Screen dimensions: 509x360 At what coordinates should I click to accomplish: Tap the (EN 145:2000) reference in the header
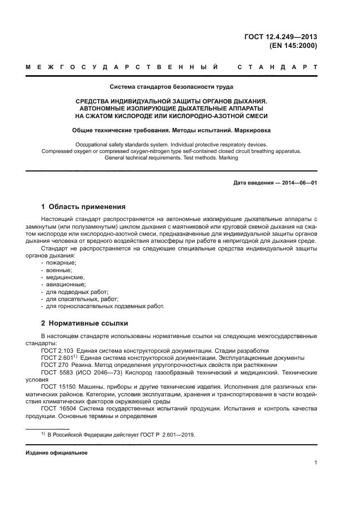coord(293,46)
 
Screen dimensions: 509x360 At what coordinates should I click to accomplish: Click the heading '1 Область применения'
coord(83,207)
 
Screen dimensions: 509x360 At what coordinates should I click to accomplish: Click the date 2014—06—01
coord(299,183)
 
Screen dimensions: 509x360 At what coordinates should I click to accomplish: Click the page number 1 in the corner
coord(315,463)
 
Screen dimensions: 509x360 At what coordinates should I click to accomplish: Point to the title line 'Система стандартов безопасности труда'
coord(173,87)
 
